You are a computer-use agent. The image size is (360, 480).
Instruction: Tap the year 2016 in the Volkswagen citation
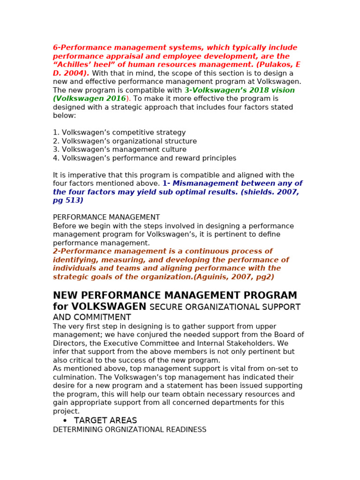[x=116, y=99]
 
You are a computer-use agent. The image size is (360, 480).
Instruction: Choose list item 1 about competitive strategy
[x=119, y=133]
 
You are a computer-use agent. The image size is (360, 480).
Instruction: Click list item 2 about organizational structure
[x=125, y=141]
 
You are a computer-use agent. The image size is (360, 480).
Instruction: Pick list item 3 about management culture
[x=120, y=150]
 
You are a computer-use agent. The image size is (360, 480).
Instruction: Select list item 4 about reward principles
[x=144, y=158]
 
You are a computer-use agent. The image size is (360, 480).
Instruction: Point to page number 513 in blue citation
[x=73, y=201]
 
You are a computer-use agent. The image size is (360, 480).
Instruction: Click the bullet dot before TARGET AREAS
[x=65, y=421]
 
